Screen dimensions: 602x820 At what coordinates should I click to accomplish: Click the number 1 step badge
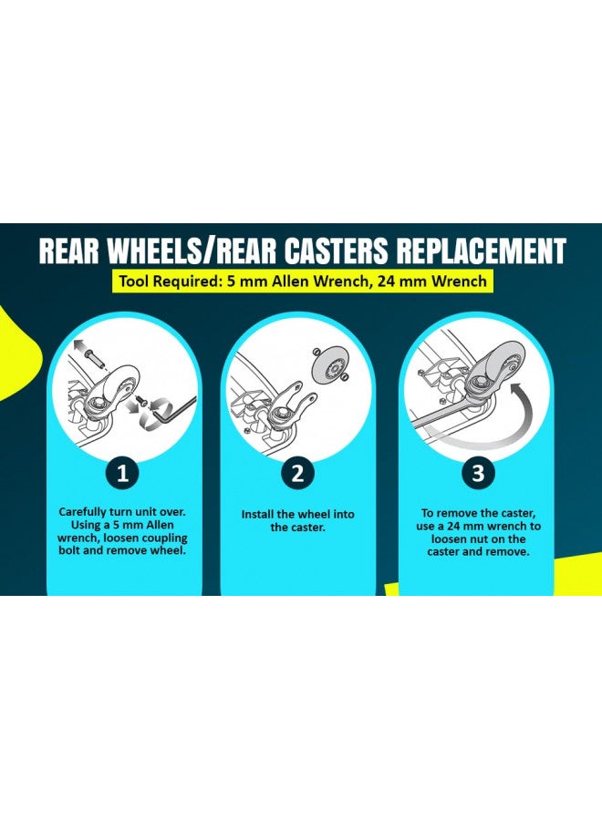pos(122,473)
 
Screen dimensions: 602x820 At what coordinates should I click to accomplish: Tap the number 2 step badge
pos(297,473)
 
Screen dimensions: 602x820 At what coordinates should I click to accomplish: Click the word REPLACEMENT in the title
pos(481,251)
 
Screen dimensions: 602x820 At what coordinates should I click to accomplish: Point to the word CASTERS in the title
pos(337,251)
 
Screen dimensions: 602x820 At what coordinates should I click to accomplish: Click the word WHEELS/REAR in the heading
pos(192,251)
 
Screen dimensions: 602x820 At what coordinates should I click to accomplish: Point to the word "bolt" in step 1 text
pos(69,550)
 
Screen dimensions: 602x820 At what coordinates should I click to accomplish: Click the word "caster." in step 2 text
pos(306,528)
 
